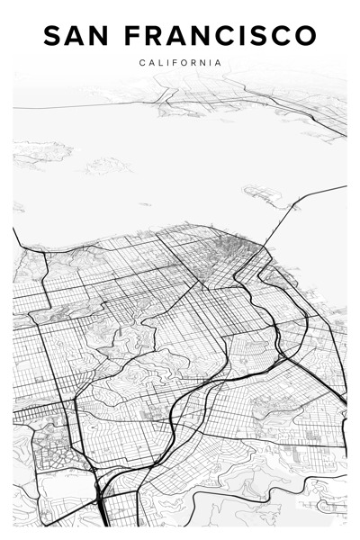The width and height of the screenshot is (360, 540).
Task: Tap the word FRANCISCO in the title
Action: [220, 36]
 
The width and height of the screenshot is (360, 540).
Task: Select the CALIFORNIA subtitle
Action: [180, 62]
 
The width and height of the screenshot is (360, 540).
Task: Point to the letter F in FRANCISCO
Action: [132, 36]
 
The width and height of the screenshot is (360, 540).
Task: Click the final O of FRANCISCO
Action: [307, 36]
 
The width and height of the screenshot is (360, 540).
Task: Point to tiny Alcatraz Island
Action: [145, 204]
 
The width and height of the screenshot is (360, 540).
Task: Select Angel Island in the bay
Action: [106, 166]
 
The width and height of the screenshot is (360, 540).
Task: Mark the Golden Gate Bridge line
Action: [15, 237]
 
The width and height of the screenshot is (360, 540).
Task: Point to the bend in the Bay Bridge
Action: [292, 208]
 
